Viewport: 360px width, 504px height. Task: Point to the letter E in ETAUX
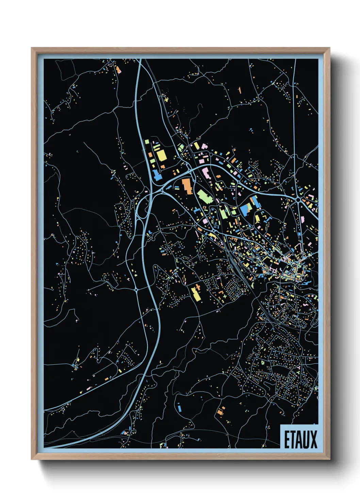pyautogui.click(x=287, y=440)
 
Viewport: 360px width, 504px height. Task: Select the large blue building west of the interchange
pyautogui.click(x=157, y=175)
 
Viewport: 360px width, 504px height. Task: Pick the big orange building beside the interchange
pyautogui.click(x=187, y=186)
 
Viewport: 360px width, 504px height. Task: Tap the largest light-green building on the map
pyautogui.click(x=203, y=196)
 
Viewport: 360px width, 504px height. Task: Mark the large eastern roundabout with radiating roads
pyautogui.click(x=298, y=200)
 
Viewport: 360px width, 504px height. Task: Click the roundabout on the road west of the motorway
pyautogui.click(x=136, y=289)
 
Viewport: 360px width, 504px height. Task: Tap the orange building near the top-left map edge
pyautogui.click(x=118, y=70)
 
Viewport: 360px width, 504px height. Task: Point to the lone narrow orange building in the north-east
pyautogui.click(x=240, y=90)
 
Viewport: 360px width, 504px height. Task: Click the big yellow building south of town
pyautogui.click(x=195, y=294)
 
